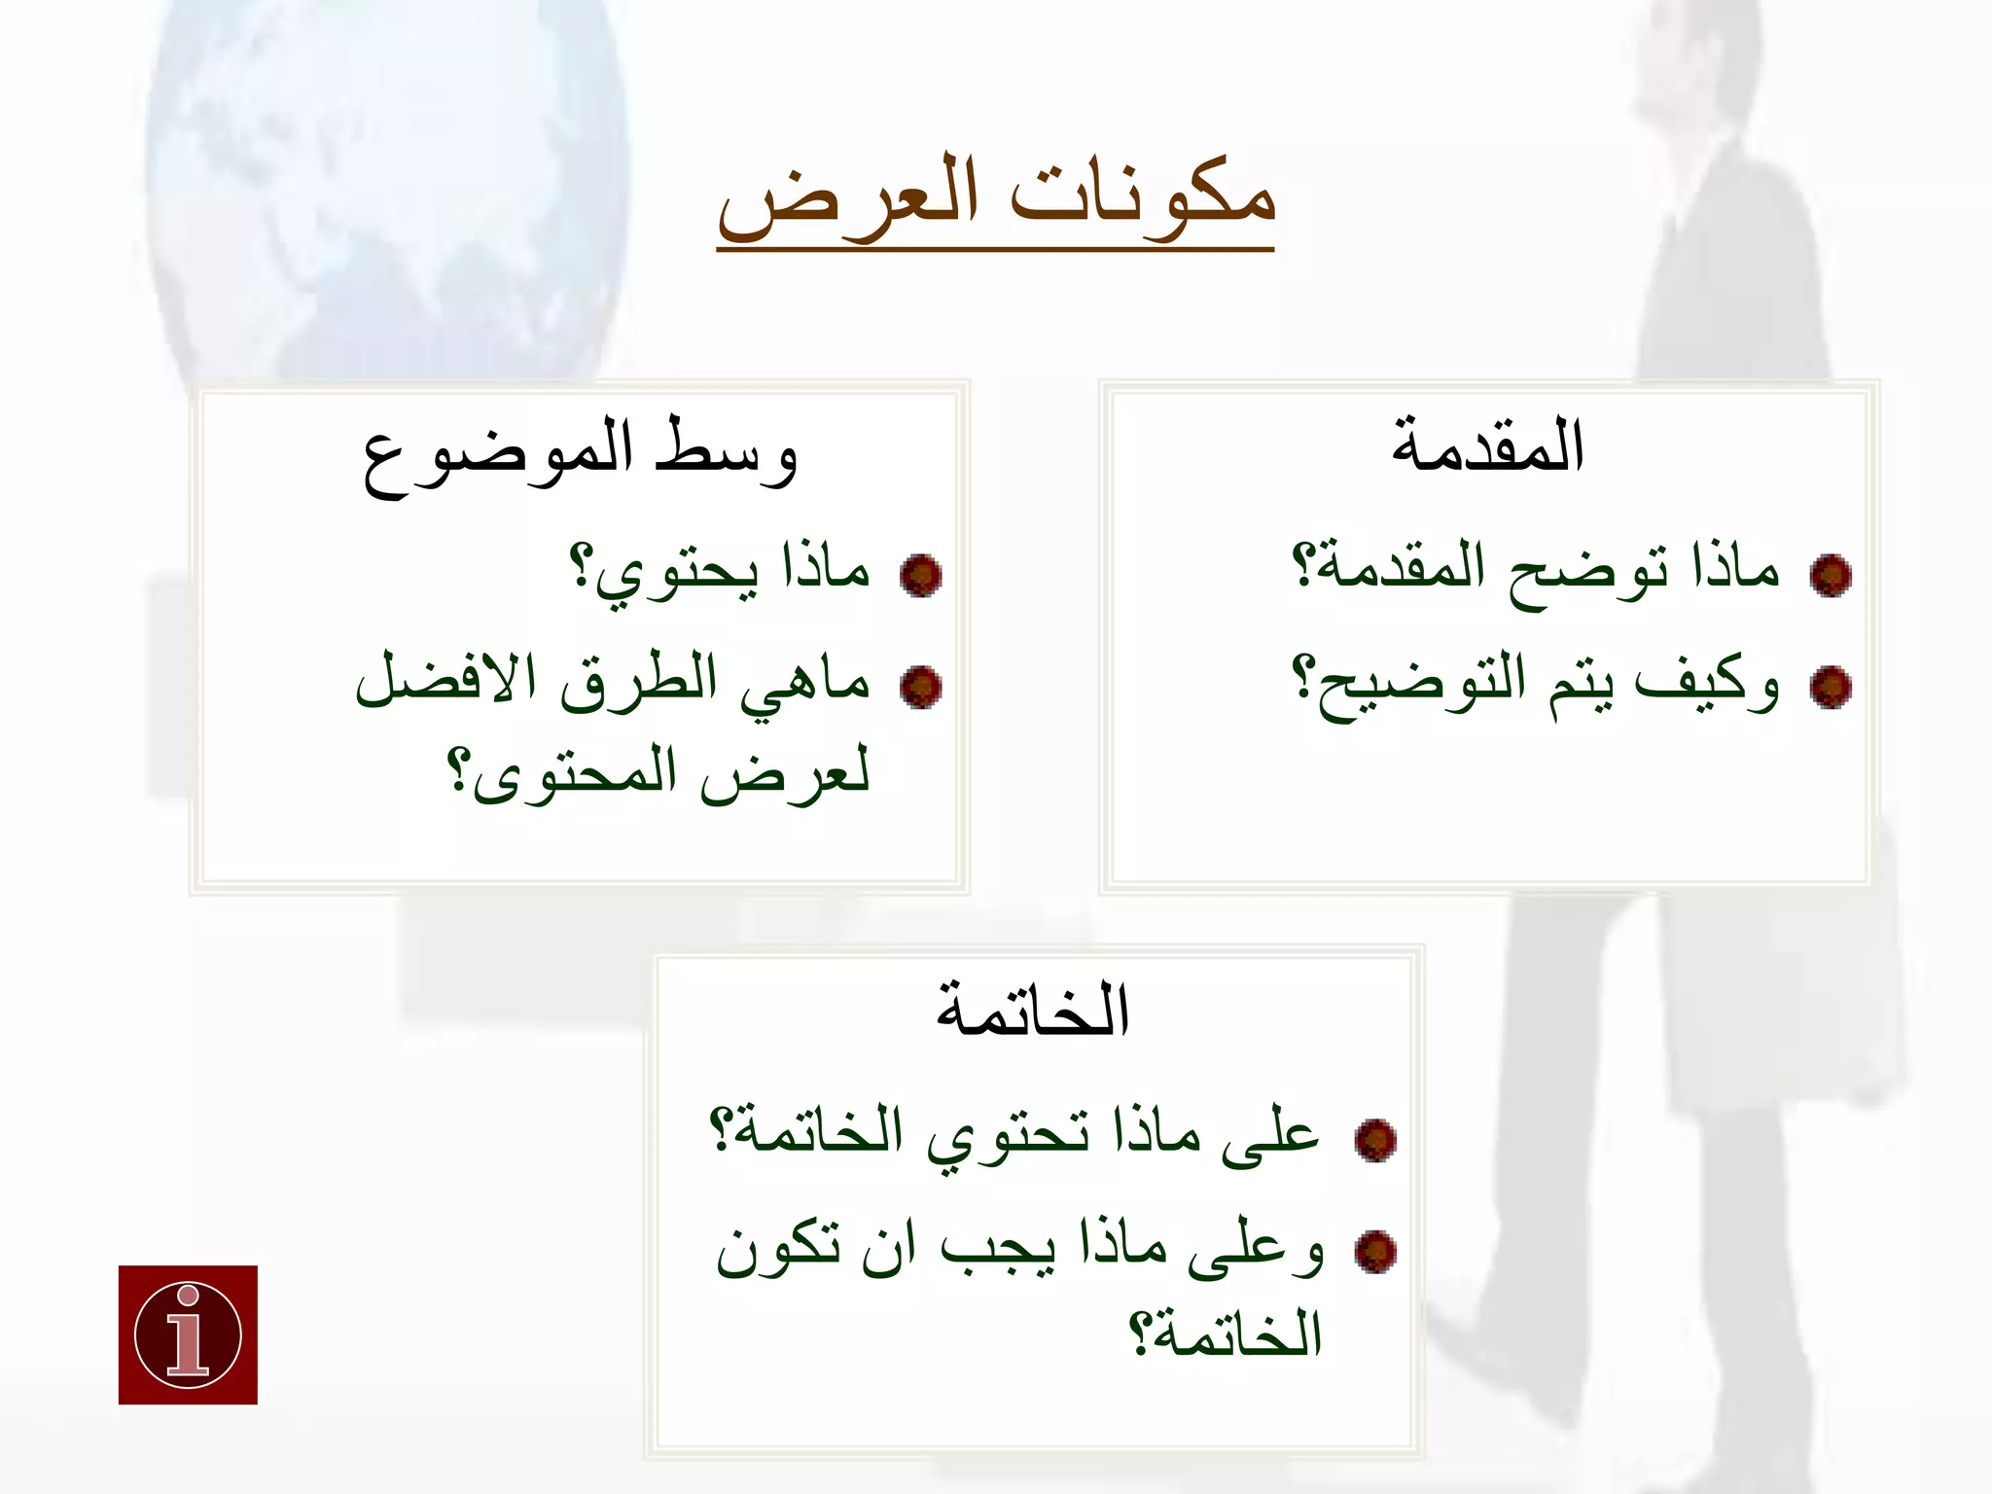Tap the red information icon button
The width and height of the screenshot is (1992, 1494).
coord(188,1334)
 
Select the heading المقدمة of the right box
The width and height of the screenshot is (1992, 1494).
coord(1487,447)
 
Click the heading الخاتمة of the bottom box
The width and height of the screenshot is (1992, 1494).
coord(1032,1012)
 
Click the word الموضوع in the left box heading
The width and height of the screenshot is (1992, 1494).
coord(498,455)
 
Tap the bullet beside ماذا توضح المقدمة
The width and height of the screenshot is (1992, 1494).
coord(1830,576)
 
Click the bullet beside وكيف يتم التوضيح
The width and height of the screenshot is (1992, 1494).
coord(1830,688)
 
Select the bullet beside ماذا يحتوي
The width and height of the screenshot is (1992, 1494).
coord(920,576)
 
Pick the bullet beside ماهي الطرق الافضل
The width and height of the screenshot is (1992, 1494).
coord(920,688)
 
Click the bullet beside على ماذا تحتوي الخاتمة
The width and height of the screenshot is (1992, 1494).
coord(1374,1140)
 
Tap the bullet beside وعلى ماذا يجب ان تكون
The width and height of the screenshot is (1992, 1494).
coord(1374,1252)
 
